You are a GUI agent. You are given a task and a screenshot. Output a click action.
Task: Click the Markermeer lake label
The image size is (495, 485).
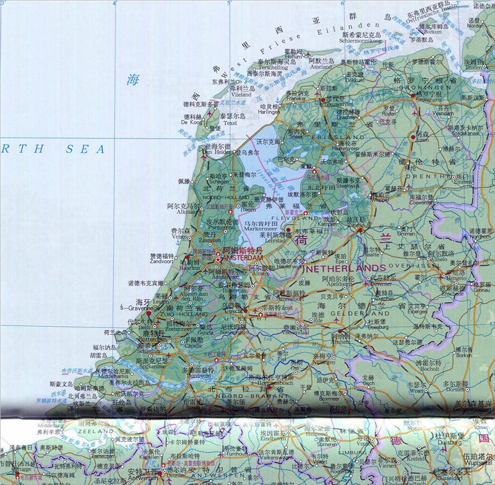(x=260, y=228)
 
